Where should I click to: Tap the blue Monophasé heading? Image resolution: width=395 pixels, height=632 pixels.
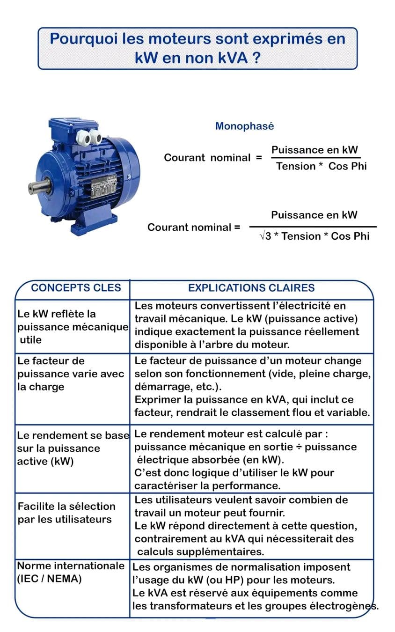click(244, 126)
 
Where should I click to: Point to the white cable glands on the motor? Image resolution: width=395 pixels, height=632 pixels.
click(89, 137)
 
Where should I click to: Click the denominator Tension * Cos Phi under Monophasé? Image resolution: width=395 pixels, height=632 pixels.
click(321, 166)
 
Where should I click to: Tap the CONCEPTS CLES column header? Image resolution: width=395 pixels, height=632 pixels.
click(76, 288)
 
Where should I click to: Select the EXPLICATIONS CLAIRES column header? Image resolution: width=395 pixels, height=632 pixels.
click(251, 288)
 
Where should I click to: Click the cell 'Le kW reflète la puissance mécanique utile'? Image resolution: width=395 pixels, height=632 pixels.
click(72, 327)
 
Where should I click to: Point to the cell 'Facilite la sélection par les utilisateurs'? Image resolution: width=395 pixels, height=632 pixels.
click(66, 513)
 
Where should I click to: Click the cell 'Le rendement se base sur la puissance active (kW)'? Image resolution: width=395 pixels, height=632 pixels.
click(73, 448)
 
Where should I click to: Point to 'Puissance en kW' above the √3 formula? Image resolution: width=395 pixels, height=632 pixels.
click(314, 215)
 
